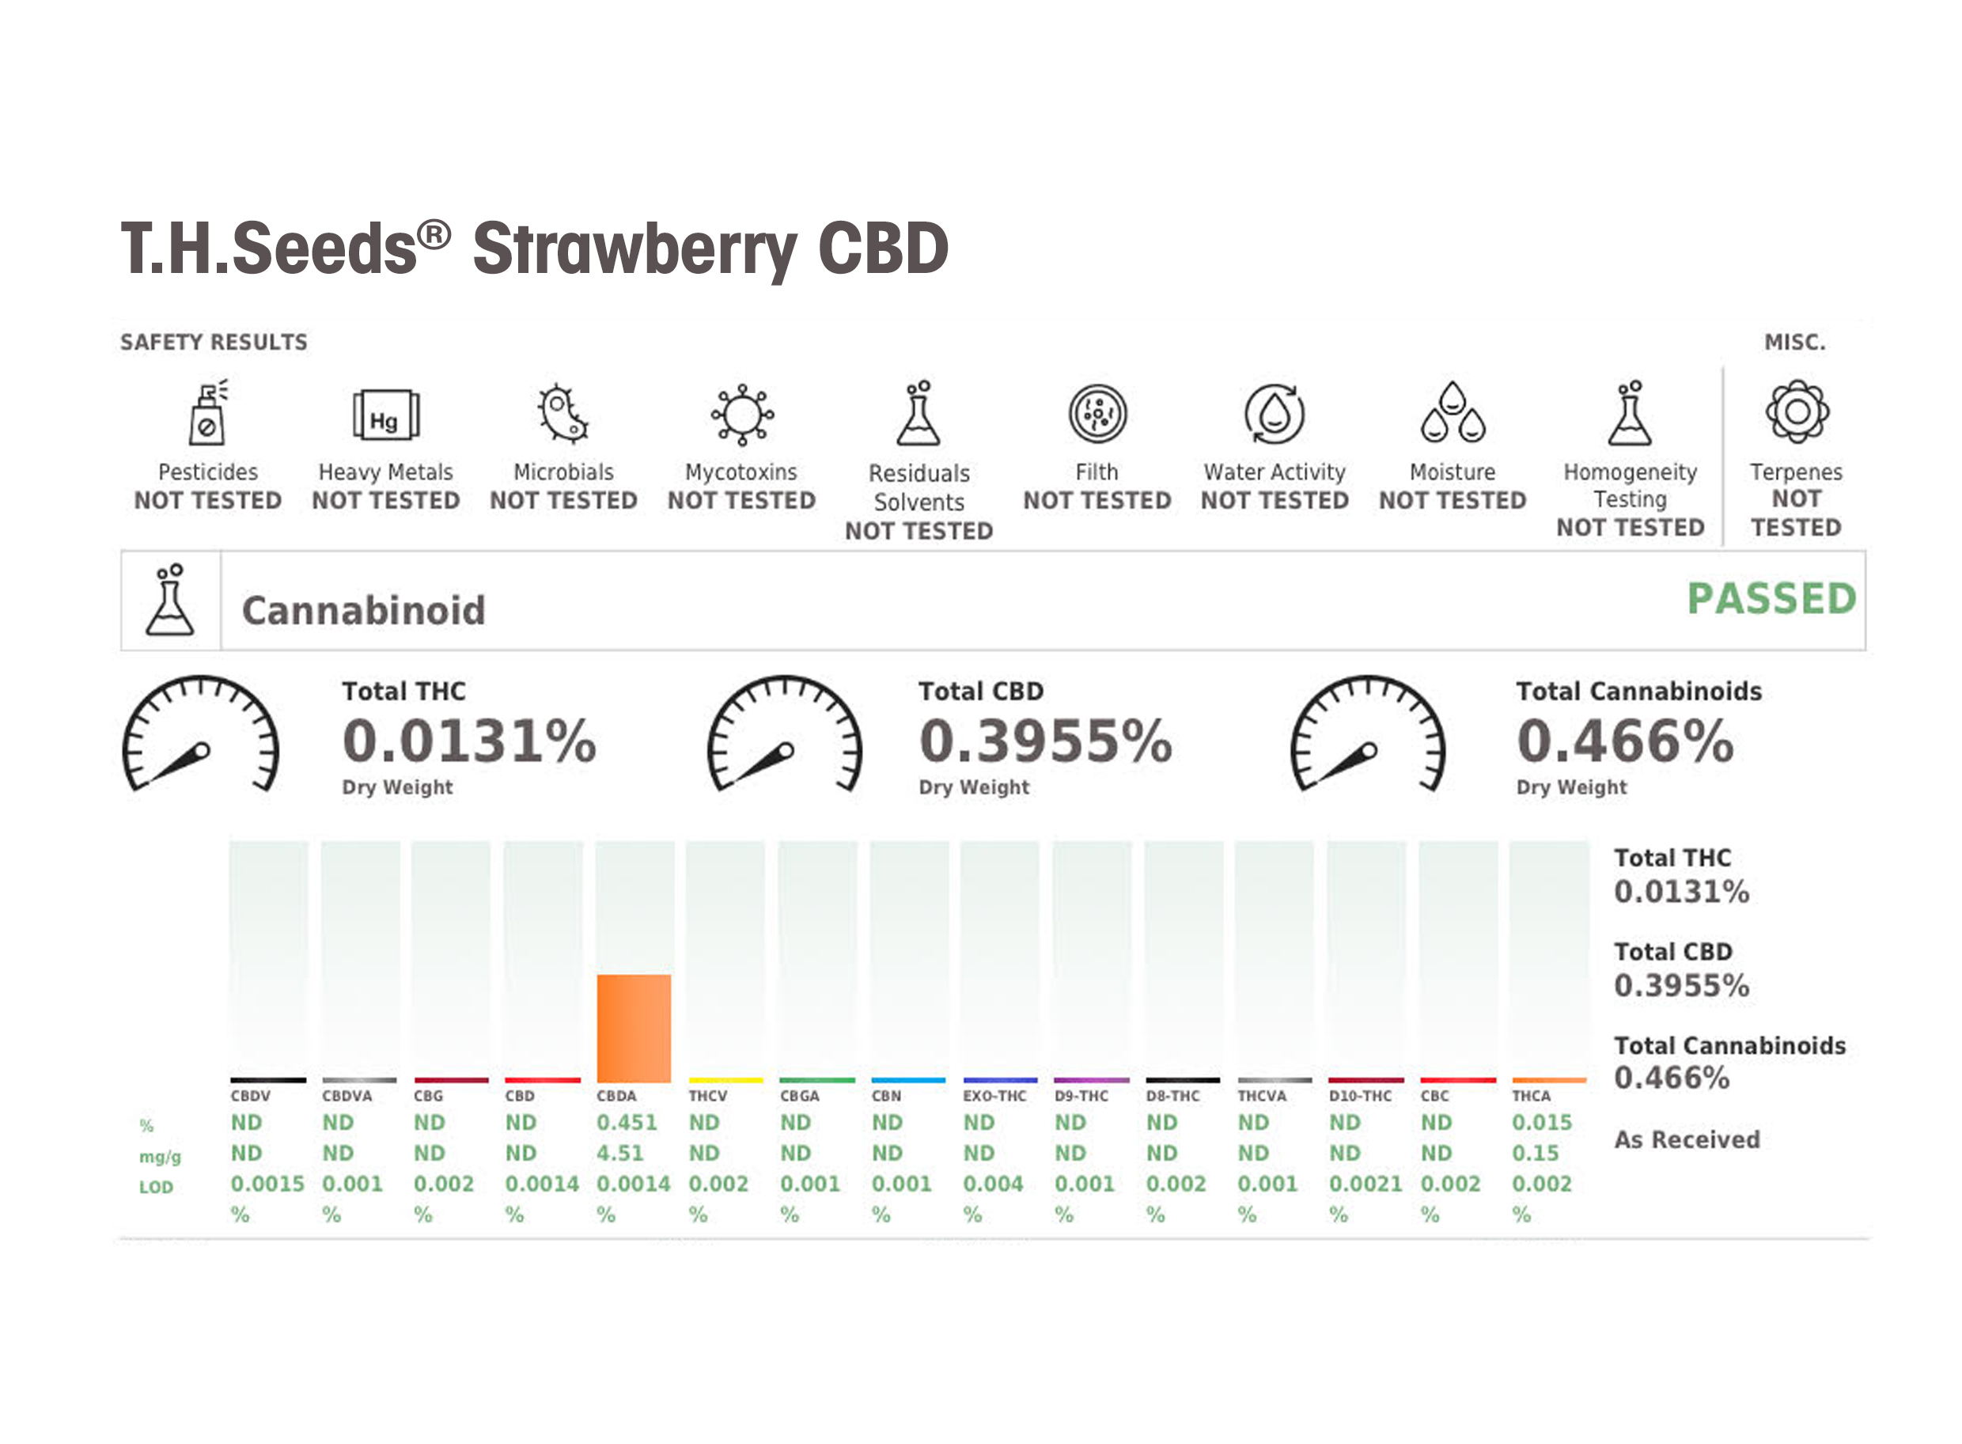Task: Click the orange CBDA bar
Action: point(634,1028)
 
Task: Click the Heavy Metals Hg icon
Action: point(385,415)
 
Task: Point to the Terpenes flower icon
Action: point(1796,411)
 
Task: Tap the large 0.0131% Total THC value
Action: point(468,741)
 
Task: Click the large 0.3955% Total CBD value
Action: point(1044,741)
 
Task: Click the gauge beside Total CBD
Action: point(784,734)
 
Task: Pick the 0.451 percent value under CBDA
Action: point(626,1122)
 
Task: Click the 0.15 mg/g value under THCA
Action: point(1535,1153)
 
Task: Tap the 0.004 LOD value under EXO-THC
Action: point(992,1184)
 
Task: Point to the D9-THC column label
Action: point(1080,1096)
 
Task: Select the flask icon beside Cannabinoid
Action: point(170,601)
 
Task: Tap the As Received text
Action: point(1686,1140)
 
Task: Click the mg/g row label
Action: point(160,1158)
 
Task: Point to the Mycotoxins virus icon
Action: point(741,415)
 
